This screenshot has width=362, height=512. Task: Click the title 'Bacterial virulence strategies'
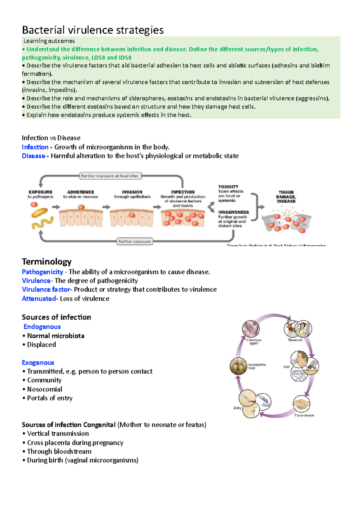(93, 30)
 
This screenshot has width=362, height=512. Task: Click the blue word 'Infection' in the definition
(35, 147)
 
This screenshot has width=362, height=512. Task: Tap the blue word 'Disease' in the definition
(33, 156)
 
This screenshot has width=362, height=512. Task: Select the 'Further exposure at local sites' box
(110, 176)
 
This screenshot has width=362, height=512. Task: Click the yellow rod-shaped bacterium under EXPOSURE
(40, 213)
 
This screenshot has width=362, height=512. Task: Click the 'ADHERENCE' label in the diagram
(81, 192)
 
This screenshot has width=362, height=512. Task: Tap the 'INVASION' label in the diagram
(132, 192)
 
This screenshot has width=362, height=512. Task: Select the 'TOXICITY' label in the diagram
(228, 187)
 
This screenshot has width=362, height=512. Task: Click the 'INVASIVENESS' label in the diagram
(233, 212)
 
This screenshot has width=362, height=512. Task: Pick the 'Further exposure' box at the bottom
(135, 242)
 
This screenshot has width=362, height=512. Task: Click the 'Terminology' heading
(46, 261)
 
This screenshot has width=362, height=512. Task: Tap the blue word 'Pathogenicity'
(43, 272)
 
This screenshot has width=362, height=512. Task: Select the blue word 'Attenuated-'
(40, 299)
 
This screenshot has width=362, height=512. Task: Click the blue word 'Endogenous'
(42, 327)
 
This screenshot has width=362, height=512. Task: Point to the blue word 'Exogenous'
(38, 363)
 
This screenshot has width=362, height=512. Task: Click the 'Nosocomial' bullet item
(44, 389)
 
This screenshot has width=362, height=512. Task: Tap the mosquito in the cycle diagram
(312, 366)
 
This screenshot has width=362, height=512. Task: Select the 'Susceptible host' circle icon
(238, 366)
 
